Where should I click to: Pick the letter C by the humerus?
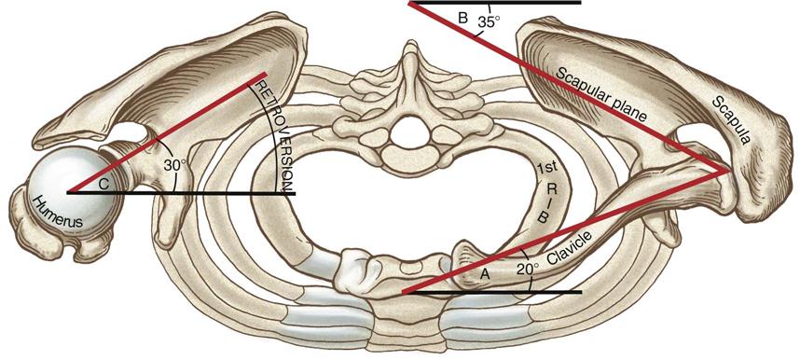(x=104, y=185)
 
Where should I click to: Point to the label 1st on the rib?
(x=547, y=169)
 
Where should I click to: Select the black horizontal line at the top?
(x=522, y=3)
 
